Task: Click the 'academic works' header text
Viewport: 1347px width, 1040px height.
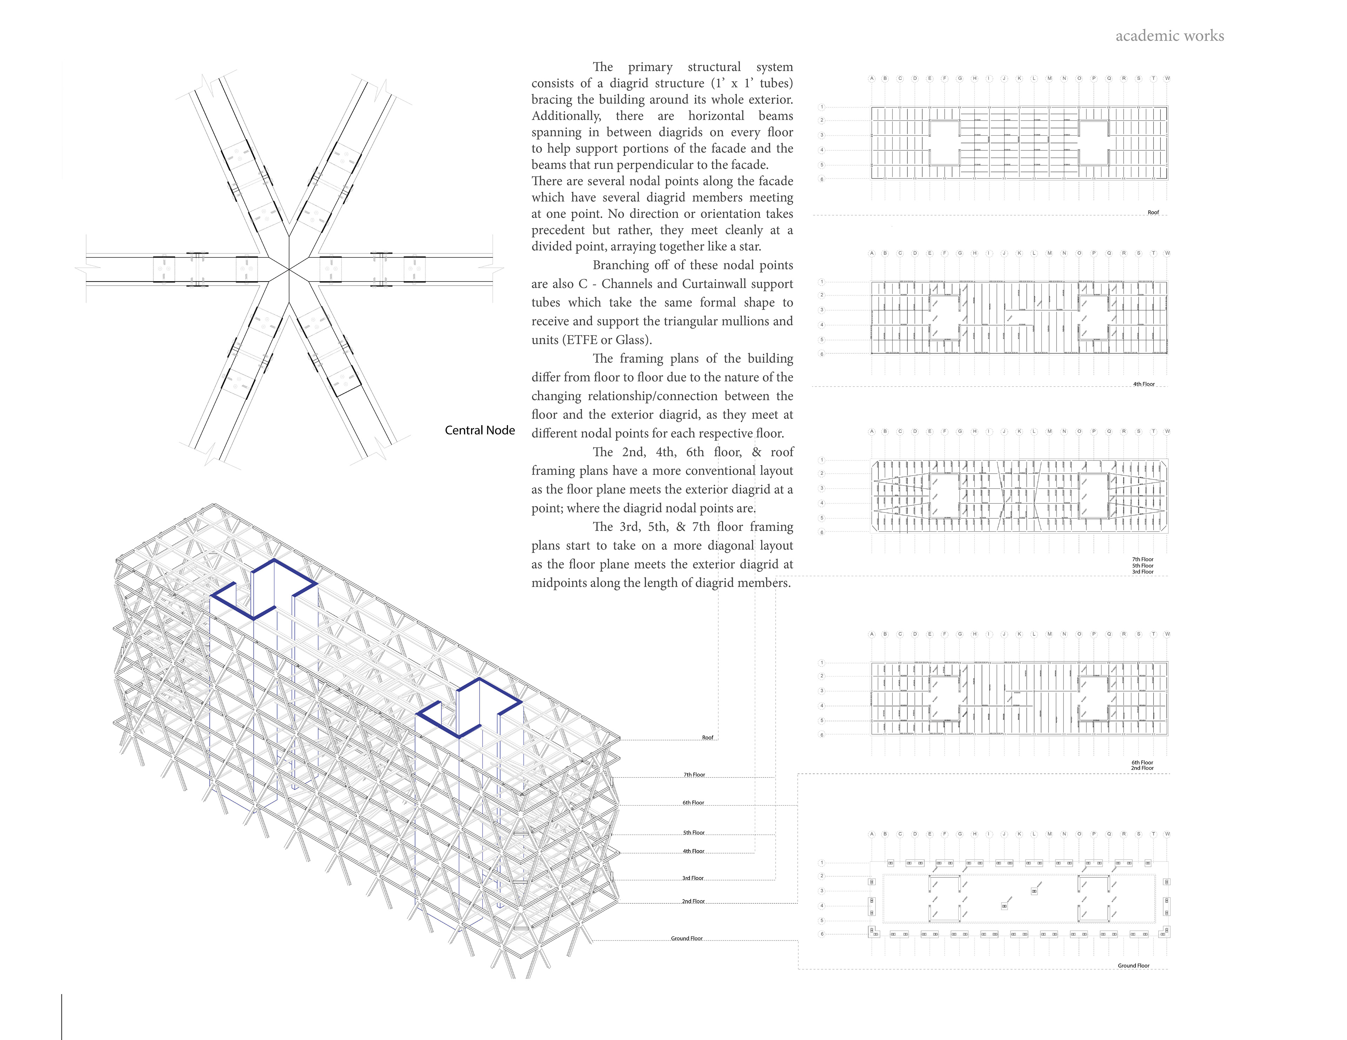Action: pyautogui.click(x=1170, y=36)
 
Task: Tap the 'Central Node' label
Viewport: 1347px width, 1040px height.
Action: pyautogui.click(x=480, y=430)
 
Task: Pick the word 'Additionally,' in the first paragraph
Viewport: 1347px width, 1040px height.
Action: pyautogui.click(x=566, y=116)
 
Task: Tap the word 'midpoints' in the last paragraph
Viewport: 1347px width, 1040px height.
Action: pyautogui.click(x=559, y=583)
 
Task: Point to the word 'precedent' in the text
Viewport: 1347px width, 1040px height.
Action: pyautogui.click(x=560, y=230)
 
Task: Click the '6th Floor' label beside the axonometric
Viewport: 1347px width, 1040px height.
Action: pyautogui.click(x=693, y=803)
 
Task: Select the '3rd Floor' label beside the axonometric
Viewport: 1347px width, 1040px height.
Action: pyautogui.click(x=693, y=878)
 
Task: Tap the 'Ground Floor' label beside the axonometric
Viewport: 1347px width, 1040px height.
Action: pyautogui.click(x=686, y=938)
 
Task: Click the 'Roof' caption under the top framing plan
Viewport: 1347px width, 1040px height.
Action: pyautogui.click(x=1153, y=212)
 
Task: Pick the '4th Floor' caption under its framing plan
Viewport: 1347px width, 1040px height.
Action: pyautogui.click(x=1144, y=384)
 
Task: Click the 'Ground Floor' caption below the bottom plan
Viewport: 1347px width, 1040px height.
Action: pyautogui.click(x=1134, y=965)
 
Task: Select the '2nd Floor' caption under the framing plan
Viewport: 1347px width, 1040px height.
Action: pyautogui.click(x=1142, y=768)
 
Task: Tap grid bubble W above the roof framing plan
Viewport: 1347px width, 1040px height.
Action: pyautogui.click(x=1167, y=78)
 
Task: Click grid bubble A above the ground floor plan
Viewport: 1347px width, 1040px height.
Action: pyautogui.click(x=871, y=834)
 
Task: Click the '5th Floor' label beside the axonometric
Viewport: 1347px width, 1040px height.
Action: pyautogui.click(x=693, y=833)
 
